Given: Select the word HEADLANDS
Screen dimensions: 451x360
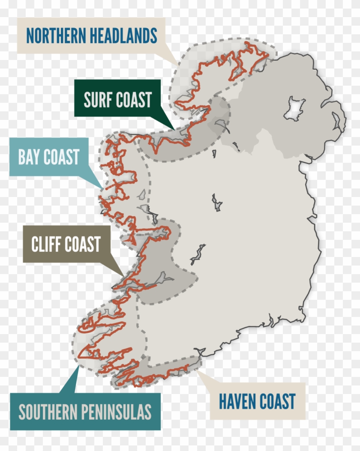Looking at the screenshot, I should [x=124, y=36].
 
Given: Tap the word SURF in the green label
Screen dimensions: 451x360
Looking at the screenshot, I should [x=99, y=100].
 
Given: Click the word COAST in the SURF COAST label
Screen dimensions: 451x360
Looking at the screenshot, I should [x=134, y=100].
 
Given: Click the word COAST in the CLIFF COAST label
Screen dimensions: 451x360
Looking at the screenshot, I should [x=83, y=245].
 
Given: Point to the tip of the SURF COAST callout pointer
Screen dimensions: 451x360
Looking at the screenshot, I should [x=174, y=128].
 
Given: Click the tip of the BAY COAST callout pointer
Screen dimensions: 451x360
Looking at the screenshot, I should [x=103, y=188].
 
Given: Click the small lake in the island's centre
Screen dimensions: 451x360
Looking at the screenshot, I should [x=216, y=202].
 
